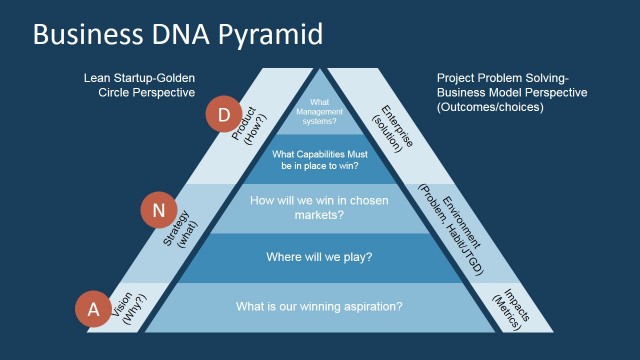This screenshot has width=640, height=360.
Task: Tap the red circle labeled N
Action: (x=158, y=210)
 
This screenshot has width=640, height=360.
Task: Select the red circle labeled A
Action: (x=93, y=309)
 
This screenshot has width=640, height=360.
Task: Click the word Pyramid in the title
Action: (x=270, y=35)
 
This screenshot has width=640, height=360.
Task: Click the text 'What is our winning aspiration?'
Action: (x=319, y=306)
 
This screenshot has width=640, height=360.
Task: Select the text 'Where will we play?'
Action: (x=319, y=258)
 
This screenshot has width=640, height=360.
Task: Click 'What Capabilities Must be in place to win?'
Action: (x=319, y=160)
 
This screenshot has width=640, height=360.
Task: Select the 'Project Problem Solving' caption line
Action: (x=501, y=77)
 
